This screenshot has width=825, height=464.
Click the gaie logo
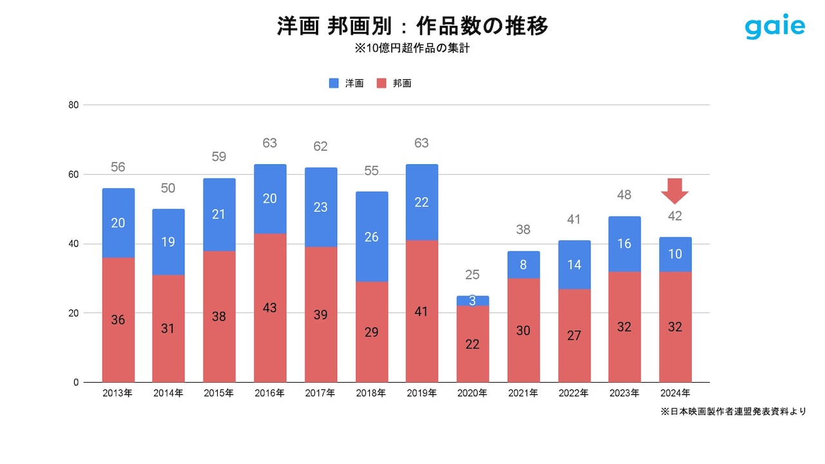775,27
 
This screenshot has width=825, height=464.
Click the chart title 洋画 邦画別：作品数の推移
412,26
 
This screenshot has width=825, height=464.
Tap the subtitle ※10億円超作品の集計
412,48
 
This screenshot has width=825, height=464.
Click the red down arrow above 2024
675,191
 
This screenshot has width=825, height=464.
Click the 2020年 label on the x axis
472,393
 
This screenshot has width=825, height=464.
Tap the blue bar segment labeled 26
371,237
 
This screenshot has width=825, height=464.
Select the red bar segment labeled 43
269,308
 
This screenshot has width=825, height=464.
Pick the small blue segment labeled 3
472,301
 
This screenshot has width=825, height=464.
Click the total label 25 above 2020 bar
472,275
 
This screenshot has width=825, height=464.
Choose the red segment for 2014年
168,328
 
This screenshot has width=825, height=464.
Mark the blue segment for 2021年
523,264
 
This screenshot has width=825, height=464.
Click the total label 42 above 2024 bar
675,217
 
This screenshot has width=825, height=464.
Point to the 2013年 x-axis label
117,393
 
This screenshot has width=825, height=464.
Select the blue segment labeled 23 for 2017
320,208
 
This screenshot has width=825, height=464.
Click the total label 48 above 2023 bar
624,195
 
